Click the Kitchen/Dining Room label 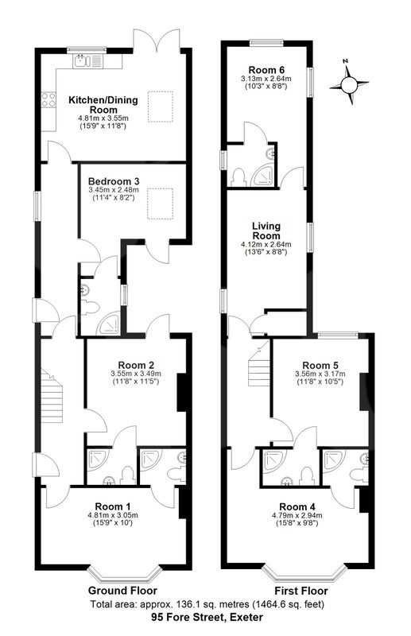click(x=103, y=105)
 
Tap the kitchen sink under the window click(x=87, y=61)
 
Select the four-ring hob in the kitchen click(x=48, y=100)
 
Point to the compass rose click(x=348, y=83)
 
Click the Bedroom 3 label click(x=114, y=181)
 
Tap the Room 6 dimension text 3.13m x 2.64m click(x=266, y=79)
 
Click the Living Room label click(x=266, y=231)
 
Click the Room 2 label click(x=136, y=365)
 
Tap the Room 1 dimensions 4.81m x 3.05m click(x=113, y=515)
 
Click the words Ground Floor click(x=122, y=590)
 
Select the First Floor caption click(x=301, y=591)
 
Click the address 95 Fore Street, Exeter click(x=207, y=618)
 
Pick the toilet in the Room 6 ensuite click(x=238, y=177)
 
